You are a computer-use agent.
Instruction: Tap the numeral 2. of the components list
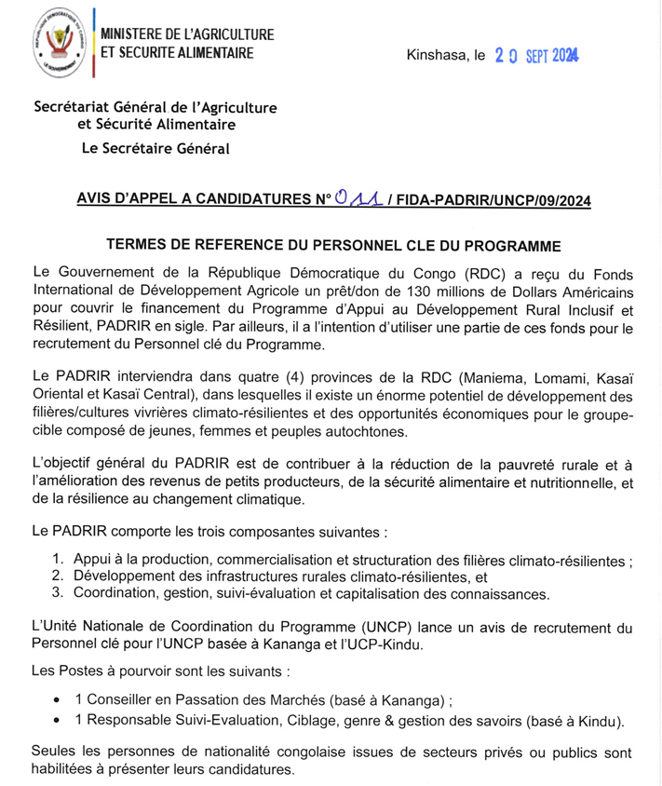(58, 577)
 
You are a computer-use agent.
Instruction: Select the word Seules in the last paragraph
(54, 752)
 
